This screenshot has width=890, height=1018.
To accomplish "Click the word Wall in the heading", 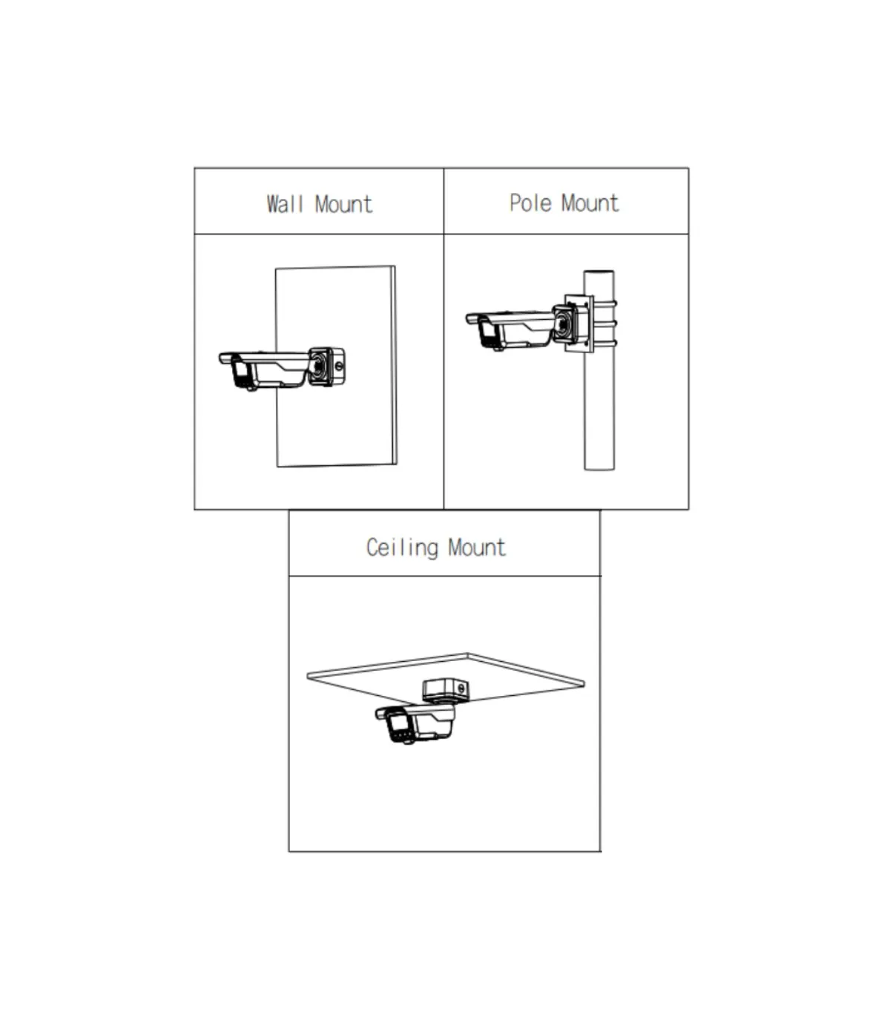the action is coord(285,204).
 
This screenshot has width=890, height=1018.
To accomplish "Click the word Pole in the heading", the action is coord(530,203).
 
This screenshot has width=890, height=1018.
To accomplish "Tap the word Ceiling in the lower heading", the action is coord(402,548).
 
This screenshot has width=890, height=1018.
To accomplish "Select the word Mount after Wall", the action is coord(343,204).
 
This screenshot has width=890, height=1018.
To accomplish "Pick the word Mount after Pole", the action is coord(590,203).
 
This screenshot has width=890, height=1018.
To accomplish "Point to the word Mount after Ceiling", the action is coord(477,548).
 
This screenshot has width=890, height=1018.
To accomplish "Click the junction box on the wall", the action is coord(326,367).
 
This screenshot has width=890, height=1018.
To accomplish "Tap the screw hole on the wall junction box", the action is coord(339,367).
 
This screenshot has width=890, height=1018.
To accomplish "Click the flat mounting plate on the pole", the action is coord(579,324).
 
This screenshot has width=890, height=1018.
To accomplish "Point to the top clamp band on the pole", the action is coord(605,303).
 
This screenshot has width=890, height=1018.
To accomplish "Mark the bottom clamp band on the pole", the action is coord(605,343).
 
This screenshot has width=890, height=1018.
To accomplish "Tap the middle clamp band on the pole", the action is coord(605,324).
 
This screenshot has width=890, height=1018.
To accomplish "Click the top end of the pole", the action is coord(599,272).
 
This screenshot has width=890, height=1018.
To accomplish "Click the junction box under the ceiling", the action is coord(445,691).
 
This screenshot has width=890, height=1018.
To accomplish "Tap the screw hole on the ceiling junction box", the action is coord(461,689).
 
